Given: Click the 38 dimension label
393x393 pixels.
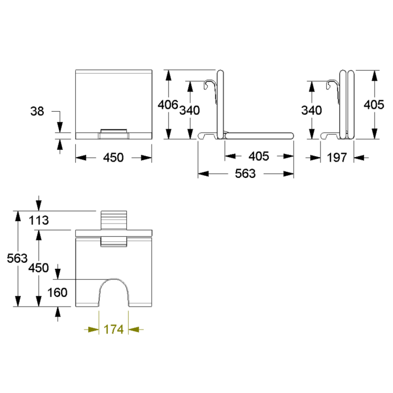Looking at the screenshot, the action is (x=37, y=111).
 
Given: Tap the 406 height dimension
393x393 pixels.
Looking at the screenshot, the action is (x=168, y=104).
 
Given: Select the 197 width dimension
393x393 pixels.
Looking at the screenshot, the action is (x=337, y=157).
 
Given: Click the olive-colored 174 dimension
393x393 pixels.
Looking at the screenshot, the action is (x=113, y=330).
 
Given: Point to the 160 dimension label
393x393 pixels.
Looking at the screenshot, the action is (x=57, y=293).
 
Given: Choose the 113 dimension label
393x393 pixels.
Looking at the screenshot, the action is (x=39, y=220).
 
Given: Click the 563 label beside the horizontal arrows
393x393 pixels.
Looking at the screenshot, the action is (x=245, y=173).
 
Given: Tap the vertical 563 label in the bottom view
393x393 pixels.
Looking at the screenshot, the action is (x=17, y=258).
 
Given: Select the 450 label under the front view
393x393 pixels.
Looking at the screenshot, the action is (x=113, y=157).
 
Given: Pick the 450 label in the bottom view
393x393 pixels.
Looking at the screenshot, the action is (x=38, y=268).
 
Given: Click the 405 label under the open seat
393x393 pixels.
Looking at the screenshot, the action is (x=259, y=156).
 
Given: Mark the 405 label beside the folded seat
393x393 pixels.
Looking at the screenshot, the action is (x=374, y=104).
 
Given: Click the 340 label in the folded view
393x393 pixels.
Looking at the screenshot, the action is (x=312, y=110).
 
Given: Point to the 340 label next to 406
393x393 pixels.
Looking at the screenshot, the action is (x=190, y=110).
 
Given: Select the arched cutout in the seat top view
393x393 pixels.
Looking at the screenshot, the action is (x=114, y=278).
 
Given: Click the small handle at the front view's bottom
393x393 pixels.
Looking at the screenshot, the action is (x=113, y=134).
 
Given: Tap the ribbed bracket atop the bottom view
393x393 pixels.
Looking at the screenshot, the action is (x=114, y=220).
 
